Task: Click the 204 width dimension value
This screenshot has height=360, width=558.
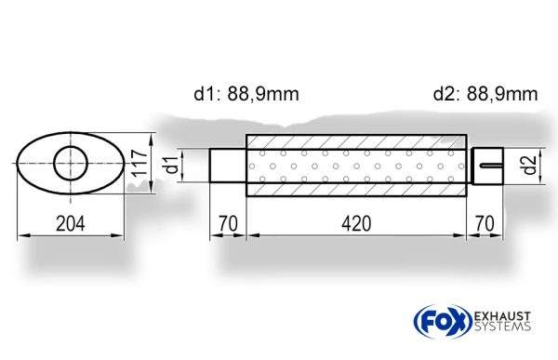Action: click(x=71, y=223)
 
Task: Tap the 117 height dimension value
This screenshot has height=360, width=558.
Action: click(x=139, y=163)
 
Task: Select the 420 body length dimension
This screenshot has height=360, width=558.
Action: click(x=356, y=223)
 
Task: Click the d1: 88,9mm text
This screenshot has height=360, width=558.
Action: click(x=246, y=94)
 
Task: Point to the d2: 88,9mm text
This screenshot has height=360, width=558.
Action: click(x=485, y=94)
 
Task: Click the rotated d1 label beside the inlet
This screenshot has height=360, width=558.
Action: click(x=172, y=165)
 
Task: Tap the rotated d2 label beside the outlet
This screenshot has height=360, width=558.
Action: click(x=530, y=166)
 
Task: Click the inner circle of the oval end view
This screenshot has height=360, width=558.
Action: click(x=71, y=146)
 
